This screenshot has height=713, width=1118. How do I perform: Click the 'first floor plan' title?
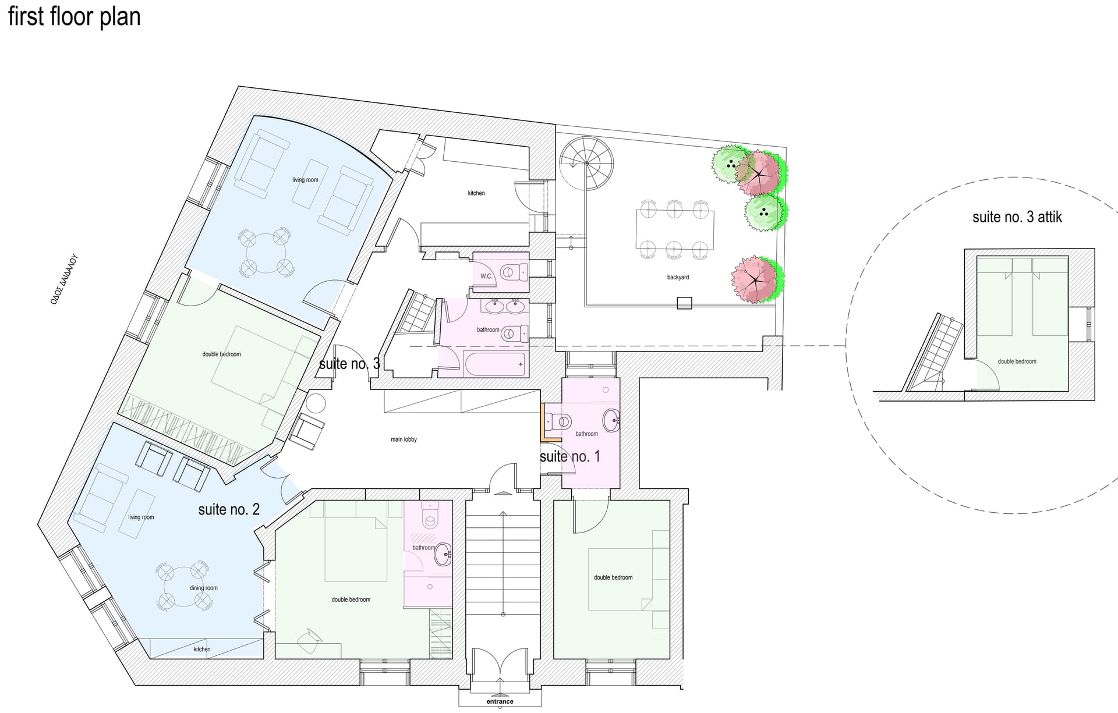click(x=75, y=16)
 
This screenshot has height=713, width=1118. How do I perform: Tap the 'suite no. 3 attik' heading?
click(x=1017, y=217)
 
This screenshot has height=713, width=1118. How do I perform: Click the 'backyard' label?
click(x=678, y=277)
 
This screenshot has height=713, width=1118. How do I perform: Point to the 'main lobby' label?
click(x=404, y=439)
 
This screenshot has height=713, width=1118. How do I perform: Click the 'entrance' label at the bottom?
click(x=500, y=701)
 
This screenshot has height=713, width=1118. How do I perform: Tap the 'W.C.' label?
click(x=486, y=276)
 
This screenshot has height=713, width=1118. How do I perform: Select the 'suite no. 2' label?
click(x=229, y=509)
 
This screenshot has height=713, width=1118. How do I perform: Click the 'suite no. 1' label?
click(x=569, y=456)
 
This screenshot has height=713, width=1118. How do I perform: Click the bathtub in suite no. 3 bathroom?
click(x=496, y=364)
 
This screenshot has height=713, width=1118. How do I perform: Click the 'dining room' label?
click(x=203, y=588)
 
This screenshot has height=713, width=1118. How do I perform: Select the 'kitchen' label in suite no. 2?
click(x=202, y=649)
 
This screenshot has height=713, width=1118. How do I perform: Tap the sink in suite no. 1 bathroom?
click(x=611, y=420)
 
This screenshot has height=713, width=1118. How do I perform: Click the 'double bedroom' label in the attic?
click(x=1017, y=361)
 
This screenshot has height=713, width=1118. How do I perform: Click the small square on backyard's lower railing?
click(x=684, y=303)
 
